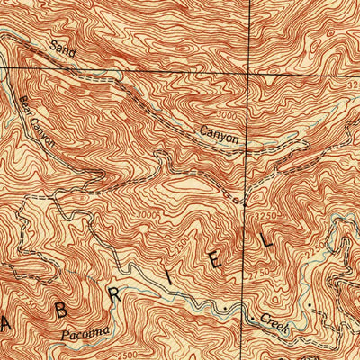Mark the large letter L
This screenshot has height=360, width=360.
(x=263, y=238)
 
